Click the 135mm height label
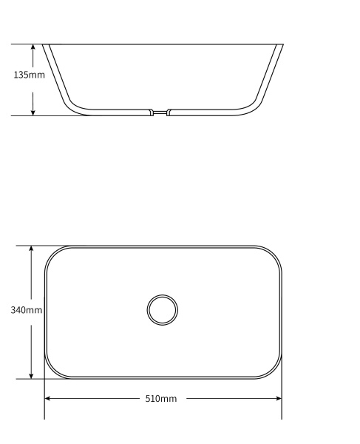(29, 75)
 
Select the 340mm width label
(26, 310)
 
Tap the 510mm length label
(160, 399)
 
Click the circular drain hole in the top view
(162, 309)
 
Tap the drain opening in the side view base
(160, 112)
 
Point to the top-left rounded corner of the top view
(54, 255)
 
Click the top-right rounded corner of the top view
(273, 255)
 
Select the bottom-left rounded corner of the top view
(54, 370)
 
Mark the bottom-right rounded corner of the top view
(273, 370)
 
